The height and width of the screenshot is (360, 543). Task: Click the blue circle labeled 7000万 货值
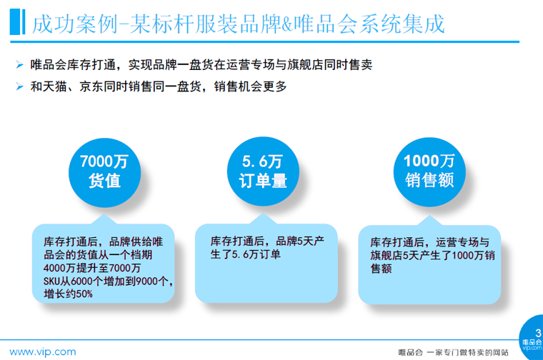point(104,172)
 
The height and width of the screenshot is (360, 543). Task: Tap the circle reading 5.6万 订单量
point(263,171)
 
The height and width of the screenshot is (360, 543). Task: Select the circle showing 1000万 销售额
point(429,172)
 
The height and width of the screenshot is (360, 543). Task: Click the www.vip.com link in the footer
point(43,352)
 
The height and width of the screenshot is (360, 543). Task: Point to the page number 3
point(538,334)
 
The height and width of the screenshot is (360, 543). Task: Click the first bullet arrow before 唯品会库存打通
point(20,65)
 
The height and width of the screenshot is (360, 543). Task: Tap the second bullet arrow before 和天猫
point(20,86)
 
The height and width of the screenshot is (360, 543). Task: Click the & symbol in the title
point(287,24)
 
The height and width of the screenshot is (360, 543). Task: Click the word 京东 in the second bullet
point(91,86)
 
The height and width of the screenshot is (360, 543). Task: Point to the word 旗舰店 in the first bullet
point(305,65)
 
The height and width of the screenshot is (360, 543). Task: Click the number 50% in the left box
point(84,294)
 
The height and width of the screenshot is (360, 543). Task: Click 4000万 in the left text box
point(57,268)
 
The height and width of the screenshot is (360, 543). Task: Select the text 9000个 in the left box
point(151,281)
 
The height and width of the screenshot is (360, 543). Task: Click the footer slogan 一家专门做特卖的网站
point(467,353)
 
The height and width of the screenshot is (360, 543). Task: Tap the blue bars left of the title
point(17,22)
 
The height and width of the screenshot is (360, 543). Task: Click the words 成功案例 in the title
point(75,24)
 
